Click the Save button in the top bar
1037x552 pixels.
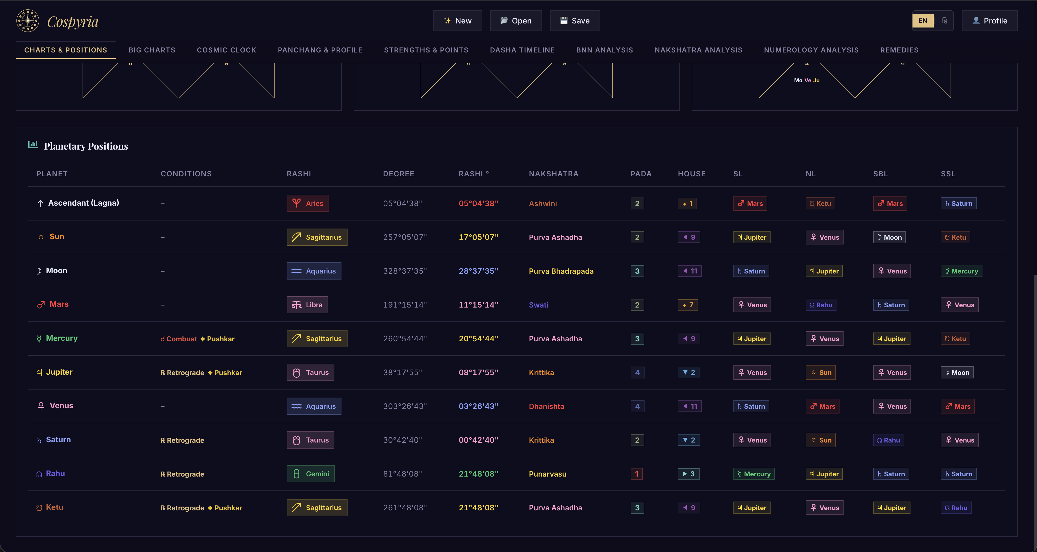pos(575,20)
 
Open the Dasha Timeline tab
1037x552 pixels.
pos(522,50)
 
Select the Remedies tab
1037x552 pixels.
pos(899,50)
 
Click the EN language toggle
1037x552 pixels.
pos(923,20)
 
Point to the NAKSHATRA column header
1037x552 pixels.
pos(554,174)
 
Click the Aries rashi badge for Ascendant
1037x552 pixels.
pos(308,203)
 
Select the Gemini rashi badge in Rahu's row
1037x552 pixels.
pos(310,474)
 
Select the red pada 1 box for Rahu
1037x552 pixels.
pos(636,474)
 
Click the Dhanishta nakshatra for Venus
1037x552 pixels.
pos(546,406)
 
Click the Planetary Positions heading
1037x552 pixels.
pos(86,146)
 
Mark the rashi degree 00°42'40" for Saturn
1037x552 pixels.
pos(478,440)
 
